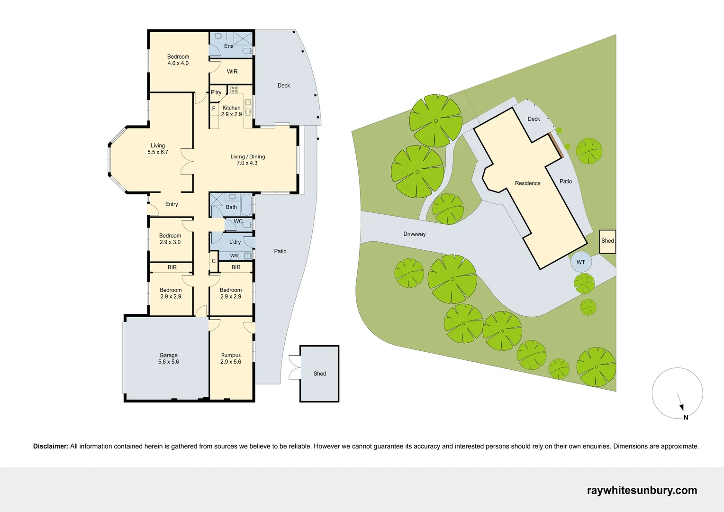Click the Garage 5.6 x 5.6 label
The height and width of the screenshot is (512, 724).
pyautogui.click(x=169, y=358)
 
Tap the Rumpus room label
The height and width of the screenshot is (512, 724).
pyautogui.click(x=231, y=358)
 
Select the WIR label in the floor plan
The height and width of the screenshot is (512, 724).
pyautogui.click(x=232, y=72)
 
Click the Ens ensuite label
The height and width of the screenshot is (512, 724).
pyautogui.click(x=228, y=46)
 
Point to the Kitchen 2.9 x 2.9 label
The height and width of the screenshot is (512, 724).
pyautogui.click(x=231, y=111)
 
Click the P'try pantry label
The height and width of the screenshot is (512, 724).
pyautogui.click(x=216, y=92)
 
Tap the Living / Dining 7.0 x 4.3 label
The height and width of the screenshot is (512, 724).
pyautogui.click(x=247, y=160)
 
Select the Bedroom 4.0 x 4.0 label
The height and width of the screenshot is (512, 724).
pyautogui.click(x=178, y=60)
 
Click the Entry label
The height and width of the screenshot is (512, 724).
pyautogui.click(x=172, y=204)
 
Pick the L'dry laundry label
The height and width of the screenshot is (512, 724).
pyautogui.click(x=235, y=242)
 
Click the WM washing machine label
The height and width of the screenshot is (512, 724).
pyautogui.click(x=234, y=256)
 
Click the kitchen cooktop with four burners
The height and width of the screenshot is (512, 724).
pyautogui.click(x=234, y=90)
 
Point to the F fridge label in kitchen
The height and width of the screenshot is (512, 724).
pyautogui.click(x=214, y=109)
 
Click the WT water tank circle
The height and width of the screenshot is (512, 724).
pyautogui.click(x=581, y=262)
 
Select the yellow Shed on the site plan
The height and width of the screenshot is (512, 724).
pyautogui.click(x=607, y=241)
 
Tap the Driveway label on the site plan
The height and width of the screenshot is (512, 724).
pyautogui.click(x=415, y=234)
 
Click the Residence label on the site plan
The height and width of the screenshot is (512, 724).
pyautogui.click(x=527, y=183)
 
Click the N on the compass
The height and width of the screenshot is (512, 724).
pyautogui.click(x=686, y=418)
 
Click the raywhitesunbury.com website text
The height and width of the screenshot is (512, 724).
pyautogui.click(x=642, y=490)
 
